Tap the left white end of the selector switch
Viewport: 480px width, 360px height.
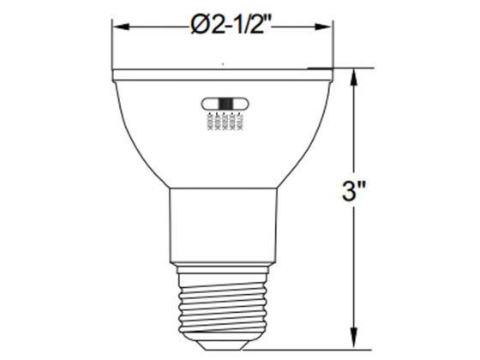coord(208,104)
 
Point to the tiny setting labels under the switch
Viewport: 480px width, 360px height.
coord(224,123)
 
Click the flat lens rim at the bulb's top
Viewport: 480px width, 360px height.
coord(222,76)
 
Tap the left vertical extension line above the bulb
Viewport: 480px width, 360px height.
coord(112,43)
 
